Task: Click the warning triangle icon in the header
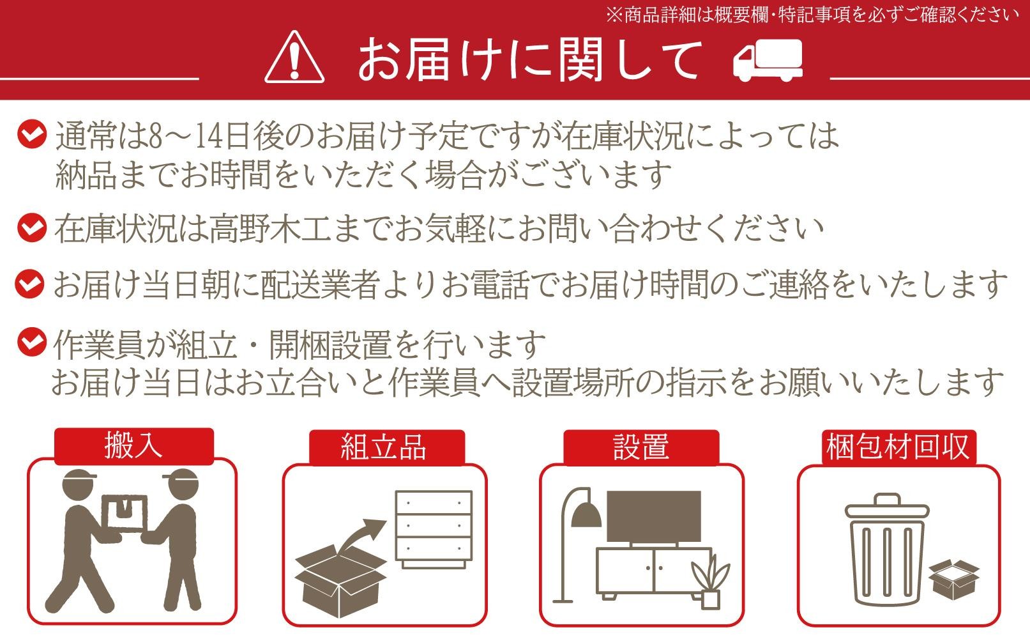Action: coord(294,57)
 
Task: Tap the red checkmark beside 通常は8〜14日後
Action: coord(32,134)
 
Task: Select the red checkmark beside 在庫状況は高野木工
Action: coord(32,227)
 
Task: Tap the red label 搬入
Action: coord(134,446)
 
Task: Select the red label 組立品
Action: coord(387,447)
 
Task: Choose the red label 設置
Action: coord(641,447)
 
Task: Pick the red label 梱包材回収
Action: coord(898,447)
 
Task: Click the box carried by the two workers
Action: coord(124,513)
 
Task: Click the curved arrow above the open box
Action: coord(361,536)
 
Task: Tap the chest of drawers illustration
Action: coord(434,529)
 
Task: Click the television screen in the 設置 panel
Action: coord(654,516)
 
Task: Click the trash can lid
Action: coord(887,507)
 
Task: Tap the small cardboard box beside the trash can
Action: coord(954,579)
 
